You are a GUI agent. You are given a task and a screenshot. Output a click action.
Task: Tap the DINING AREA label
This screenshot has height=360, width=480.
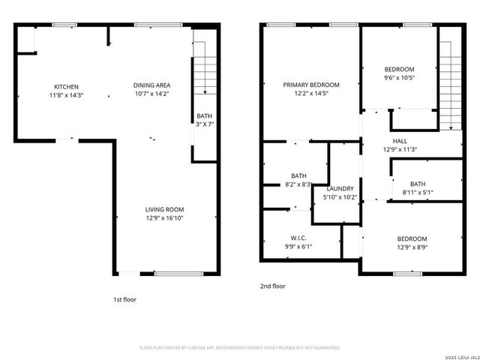tap(151, 85)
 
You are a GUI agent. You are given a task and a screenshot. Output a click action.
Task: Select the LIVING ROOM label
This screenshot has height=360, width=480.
tap(164, 209)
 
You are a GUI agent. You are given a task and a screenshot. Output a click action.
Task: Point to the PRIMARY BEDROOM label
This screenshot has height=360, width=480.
tap(310, 85)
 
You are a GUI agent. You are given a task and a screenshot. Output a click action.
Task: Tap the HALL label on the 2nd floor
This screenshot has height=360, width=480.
tap(400, 140)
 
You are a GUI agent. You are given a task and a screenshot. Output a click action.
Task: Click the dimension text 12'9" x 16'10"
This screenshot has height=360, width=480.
tap(164, 218)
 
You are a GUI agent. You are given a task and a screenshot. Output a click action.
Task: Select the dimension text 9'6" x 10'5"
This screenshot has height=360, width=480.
tap(399, 77)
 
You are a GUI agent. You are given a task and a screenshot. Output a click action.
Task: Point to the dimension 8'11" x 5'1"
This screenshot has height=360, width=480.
tap(418, 192)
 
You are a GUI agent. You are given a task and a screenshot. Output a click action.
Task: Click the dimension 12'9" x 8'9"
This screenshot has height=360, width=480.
tap(412, 247)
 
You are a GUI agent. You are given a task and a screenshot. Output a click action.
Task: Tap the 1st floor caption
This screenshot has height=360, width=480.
tap(124, 299)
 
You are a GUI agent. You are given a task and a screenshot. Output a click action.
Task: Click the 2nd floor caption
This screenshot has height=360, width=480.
tap(273, 286)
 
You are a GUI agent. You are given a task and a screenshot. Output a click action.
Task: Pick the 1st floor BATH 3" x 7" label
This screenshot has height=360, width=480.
tap(205, 120)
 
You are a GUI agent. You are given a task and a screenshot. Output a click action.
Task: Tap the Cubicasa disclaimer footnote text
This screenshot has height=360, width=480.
tap(240, 348)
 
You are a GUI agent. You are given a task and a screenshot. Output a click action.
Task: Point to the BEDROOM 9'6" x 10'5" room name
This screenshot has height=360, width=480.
tap(399, 69)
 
